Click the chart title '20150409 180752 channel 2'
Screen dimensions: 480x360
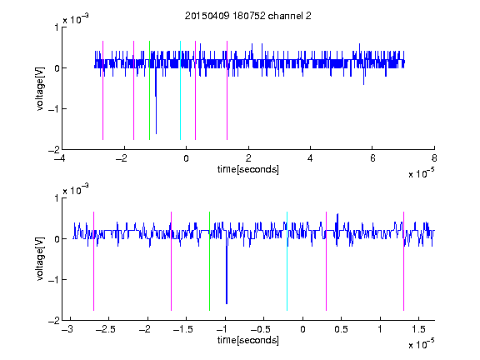point(248,16)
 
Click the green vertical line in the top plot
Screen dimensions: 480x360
point(149,90)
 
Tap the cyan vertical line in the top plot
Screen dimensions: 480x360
point(180,90)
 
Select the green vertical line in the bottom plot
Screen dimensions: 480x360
point(209,261)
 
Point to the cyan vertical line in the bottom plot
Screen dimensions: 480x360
point(287,261)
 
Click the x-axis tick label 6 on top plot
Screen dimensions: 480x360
point(372,158)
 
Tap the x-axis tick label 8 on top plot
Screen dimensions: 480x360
point(434,158)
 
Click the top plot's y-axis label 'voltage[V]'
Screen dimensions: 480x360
point(40,88)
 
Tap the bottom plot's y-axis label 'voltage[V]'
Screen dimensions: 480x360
point(40,258)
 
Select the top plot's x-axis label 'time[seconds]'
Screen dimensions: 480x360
point(248,169)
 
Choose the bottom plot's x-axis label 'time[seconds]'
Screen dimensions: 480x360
point(248,340)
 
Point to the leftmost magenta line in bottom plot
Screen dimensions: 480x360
point(93,261)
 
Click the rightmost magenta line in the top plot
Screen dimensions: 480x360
point(227,90)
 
